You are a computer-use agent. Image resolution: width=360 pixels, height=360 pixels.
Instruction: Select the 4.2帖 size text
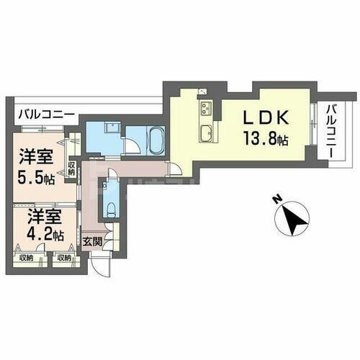(x=37, y=235)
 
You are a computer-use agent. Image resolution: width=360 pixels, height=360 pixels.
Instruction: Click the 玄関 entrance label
(x=91, y=240)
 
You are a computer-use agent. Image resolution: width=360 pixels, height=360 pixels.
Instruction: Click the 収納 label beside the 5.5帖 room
(x=71, y=168)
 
